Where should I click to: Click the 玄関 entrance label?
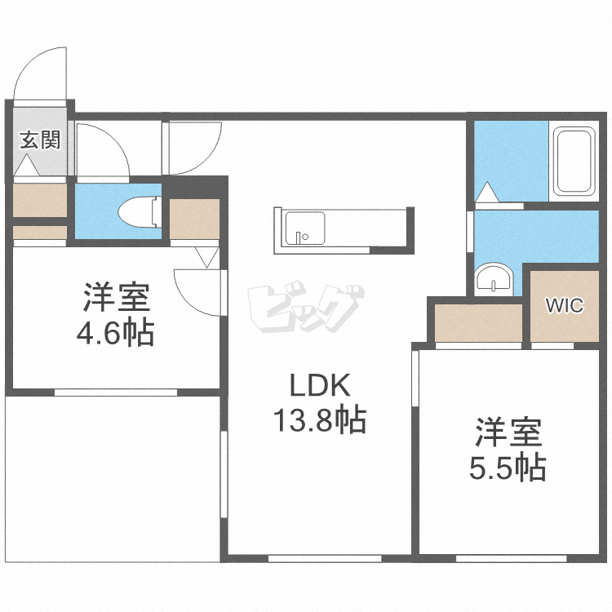40,140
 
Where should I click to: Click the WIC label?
564,307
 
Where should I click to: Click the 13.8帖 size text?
318,421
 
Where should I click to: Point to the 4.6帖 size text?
117,334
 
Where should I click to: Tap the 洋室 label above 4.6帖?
117,299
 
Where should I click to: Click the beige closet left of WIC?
478,323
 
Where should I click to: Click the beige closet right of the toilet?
194,219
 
